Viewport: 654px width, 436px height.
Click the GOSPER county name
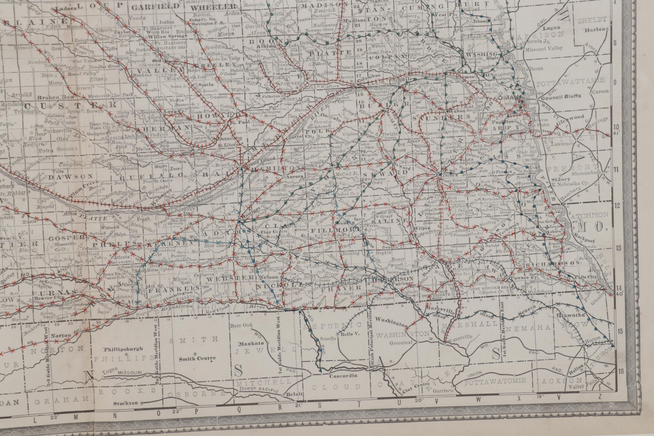pyautogui.click(x=67, y=238)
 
